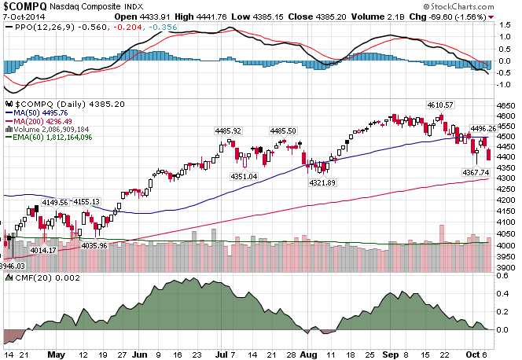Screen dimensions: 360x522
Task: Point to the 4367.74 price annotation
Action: tap(474, 172)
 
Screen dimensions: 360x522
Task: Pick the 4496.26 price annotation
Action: tap(483, 128)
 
